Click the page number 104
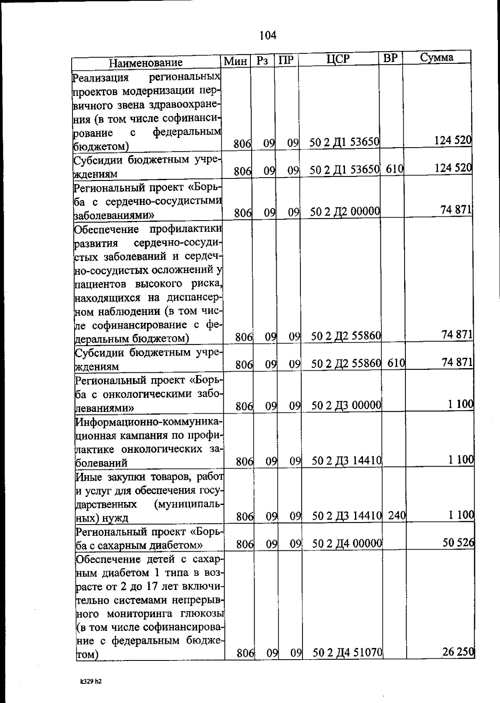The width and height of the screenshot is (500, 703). click(268, 35)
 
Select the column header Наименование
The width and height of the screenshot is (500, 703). click(146, 63)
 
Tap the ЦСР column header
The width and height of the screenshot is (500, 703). click(338, 59)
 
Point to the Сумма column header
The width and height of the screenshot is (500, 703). click(436, 57)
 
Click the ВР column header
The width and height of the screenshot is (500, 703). click(390, 58)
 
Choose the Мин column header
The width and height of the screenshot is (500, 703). click(235, 61)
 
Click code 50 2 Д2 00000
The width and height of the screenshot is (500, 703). click(345, 212)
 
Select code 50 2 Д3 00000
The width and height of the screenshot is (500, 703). click(347, 405)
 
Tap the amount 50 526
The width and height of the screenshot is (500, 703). click(458, 542)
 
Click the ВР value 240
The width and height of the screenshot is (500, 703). click(397, 516)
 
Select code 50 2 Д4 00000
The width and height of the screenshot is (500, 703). click(347, 543)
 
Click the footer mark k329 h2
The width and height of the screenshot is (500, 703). click(91, 681)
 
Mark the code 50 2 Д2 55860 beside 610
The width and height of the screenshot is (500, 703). click(346, 364)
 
